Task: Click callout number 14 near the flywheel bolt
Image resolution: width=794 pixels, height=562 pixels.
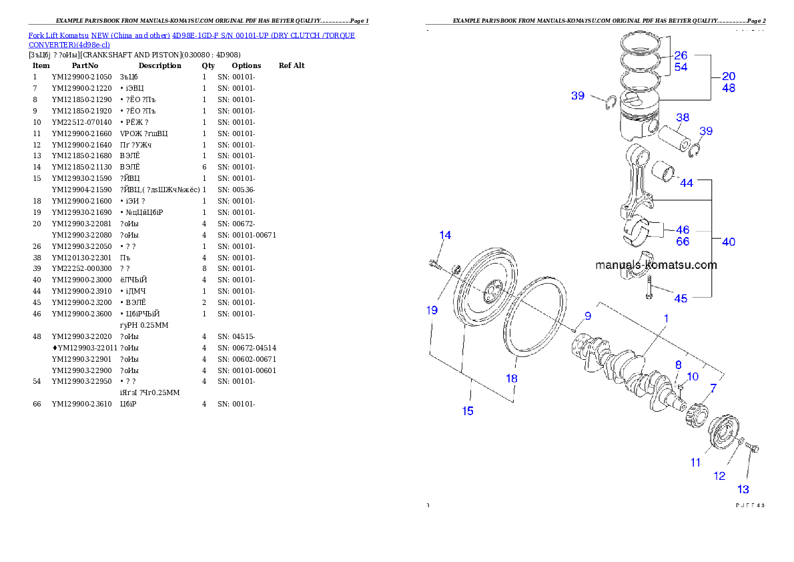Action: pos(445,235)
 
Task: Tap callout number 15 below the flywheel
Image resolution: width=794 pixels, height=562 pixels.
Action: pos(468,411)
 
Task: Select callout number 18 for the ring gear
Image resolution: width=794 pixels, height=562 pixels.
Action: pos(511,378)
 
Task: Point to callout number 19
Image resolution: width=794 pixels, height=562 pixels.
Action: pos(432,310)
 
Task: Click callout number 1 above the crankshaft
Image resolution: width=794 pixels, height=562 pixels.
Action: pos(666,319)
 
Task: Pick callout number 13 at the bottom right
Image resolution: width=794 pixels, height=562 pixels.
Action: pos(743,490)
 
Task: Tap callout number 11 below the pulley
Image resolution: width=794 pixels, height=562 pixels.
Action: pos(696,462)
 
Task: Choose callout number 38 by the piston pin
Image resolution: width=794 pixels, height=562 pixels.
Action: pos(682,119)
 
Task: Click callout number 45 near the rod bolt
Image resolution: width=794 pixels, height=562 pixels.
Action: pos(680,299)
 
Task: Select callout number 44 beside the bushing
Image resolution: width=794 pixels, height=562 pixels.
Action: pos(686,183)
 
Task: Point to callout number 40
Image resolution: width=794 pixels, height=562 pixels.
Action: pos(729,242)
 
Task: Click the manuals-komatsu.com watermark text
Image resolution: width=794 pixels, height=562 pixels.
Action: pos(656,265)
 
